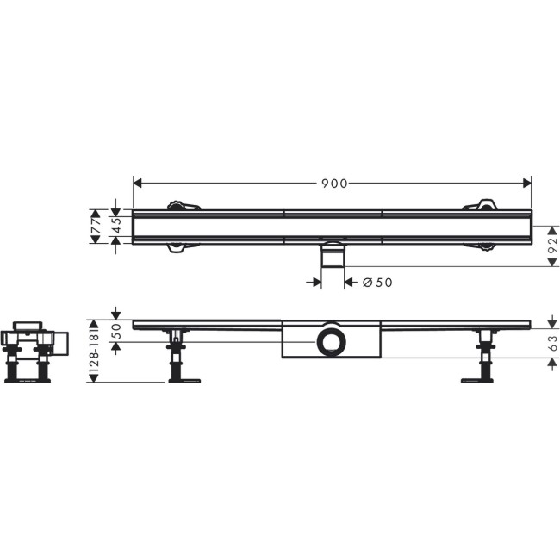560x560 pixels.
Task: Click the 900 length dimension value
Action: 334,184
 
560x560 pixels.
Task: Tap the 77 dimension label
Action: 96,226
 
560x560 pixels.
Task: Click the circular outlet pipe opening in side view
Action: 329,342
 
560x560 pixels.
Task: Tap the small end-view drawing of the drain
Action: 30,352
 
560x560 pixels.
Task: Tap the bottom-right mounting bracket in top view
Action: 482,248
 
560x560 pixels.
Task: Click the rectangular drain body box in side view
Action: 331,342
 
